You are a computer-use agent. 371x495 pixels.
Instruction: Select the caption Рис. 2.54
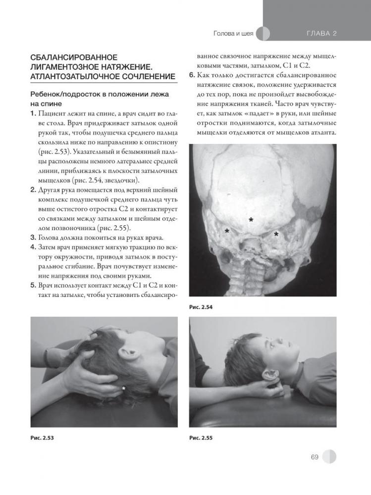tap(200, 307)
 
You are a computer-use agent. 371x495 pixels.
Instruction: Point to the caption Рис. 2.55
tap(200, 438)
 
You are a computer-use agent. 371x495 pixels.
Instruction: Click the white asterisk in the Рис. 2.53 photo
tap(123, 389)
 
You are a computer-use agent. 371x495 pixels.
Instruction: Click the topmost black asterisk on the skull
tap(251, 219)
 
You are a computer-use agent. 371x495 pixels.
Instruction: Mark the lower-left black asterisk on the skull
tap(227, 231)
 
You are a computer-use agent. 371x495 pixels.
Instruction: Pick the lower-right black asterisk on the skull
tap(276, 234)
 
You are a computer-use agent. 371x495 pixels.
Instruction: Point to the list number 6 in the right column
tap(192, 76)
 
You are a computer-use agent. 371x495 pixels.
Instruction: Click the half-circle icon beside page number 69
tap(328, 456)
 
